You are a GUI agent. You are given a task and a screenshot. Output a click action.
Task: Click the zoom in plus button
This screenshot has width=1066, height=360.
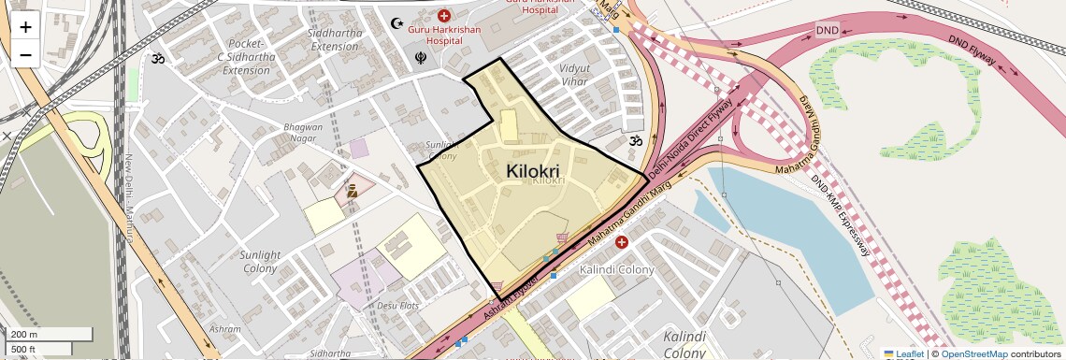(x=25, y=26)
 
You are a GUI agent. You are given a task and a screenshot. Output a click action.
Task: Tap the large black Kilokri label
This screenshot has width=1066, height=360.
(x=532, y=171)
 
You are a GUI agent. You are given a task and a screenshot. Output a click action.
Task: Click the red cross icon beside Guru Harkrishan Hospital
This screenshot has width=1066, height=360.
(x=444, y=16)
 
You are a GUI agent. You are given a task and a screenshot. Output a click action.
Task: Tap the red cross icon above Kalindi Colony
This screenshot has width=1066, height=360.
(x=622, y=242)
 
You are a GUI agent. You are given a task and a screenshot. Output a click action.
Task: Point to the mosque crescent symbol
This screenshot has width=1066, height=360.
(x=397, y=22)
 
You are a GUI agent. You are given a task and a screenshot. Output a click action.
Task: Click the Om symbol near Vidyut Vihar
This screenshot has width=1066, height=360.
(x=635, y=141)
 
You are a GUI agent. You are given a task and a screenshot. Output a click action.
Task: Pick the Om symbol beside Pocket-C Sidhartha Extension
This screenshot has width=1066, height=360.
(x=158, y=58)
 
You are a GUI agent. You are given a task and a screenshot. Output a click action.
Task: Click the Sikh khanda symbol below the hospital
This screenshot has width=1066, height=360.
(x=421, y=58)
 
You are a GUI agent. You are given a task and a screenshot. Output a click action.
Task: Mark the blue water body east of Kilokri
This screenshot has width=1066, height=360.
(x=776, y=224)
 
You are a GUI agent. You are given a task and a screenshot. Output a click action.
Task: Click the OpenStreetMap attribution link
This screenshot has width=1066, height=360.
(x=973, y=353)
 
